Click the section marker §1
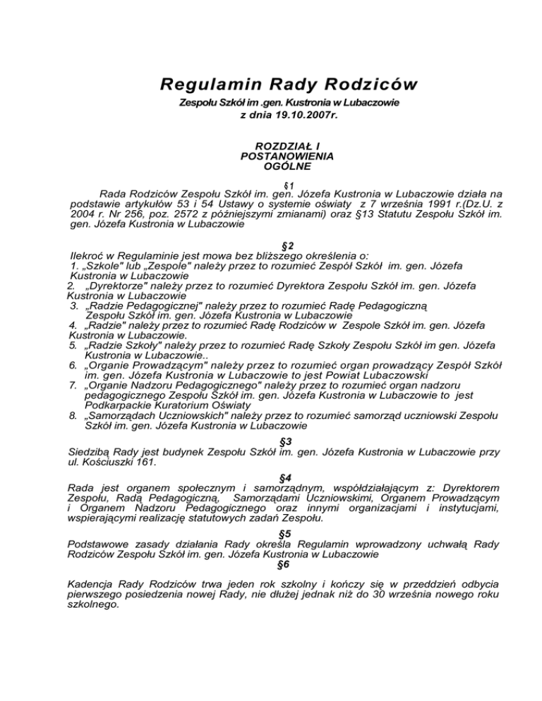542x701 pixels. click(x=272, y=182)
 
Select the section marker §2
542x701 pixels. click(x=272, y=245)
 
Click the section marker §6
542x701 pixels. click(x=272, y=564)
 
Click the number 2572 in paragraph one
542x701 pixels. click(x=170, y=214)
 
